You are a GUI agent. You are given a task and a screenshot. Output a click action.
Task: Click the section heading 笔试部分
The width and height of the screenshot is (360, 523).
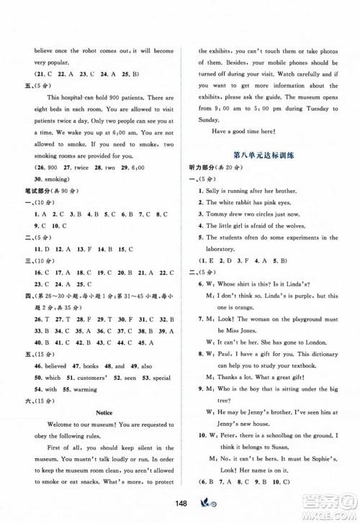tap(40, 191)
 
